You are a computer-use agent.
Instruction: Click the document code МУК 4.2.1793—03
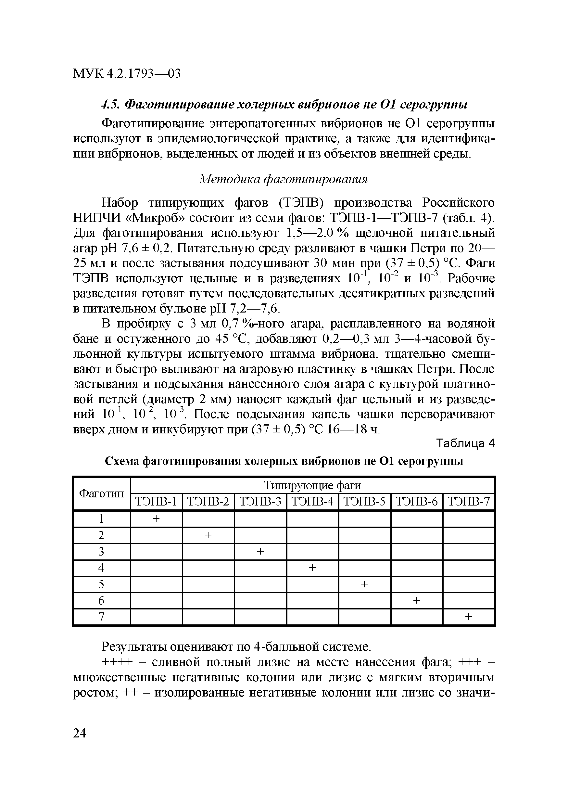pos(127,73)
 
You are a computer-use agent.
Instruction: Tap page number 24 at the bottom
pos(80,733)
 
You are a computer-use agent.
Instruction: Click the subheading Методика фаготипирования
pos(284,179)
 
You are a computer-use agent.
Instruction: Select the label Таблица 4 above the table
pos(465,444)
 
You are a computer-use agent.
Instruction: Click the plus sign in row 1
pos(157,518)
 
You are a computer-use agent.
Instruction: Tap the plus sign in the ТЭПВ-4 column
pos(312,568)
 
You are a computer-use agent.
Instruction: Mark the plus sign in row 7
pos(469,617)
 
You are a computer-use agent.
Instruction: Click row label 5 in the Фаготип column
pos(101,584)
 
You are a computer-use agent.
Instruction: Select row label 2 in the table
pos(101,535)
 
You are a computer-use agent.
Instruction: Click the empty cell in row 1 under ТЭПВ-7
pos(469,518)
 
